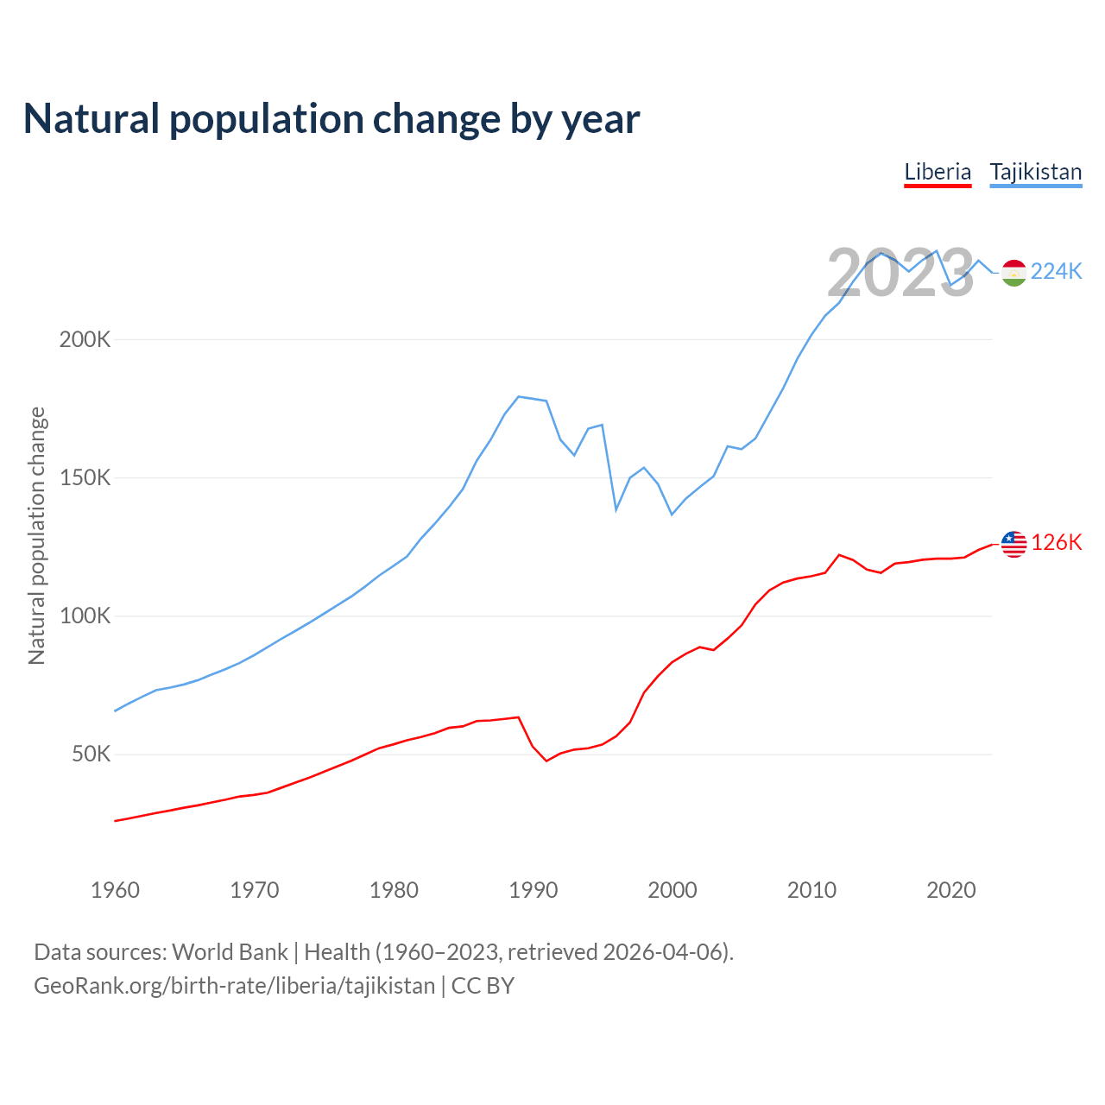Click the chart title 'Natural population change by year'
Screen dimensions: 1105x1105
pos(331,119)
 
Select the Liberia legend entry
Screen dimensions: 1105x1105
pos(938,172)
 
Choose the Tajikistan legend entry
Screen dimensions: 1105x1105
pos(1035,172)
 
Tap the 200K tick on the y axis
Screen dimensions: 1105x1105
pos(85,339)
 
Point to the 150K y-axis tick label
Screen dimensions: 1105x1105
pos(85,477)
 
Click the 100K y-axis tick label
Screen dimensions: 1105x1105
pos(85,616)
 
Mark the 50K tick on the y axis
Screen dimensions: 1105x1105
pos(91,754)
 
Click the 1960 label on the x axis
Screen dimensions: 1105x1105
pos(115,890)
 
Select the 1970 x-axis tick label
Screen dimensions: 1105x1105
pos(255,890)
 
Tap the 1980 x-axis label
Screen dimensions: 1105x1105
pos(394,890)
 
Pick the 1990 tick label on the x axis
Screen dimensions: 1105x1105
pos(534,890)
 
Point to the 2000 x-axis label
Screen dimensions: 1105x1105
pos(672,890)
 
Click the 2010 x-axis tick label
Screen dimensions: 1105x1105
pos(811,890)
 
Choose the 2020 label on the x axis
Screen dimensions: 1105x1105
pos(951,890)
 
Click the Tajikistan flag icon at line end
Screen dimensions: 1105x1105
pos(1013,273)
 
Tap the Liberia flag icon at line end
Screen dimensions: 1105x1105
pos(1013,544)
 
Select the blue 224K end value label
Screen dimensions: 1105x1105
pos(1056,272)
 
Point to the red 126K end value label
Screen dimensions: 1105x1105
pos(1056,543)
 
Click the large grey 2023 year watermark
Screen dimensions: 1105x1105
pos(900,273)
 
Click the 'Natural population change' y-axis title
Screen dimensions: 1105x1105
pos(37,536)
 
